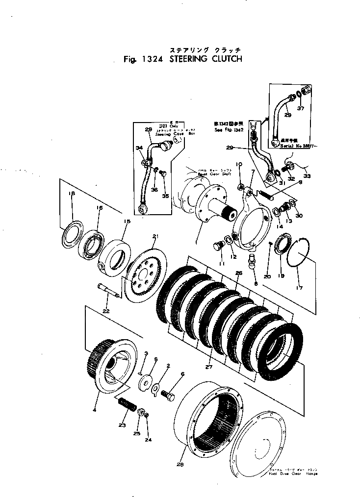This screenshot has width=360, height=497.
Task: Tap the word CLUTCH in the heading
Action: (x=224, y=59)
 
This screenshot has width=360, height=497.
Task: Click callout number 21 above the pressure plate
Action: (x=155, y=237)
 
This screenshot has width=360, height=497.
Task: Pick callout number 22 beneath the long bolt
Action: (x=106, y=311)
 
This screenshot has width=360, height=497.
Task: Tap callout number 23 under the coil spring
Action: (x=122, y=425)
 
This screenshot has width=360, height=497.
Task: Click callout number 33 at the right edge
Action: (x=308, y=176)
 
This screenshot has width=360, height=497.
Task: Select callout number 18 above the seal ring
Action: (x=72, y=194)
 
